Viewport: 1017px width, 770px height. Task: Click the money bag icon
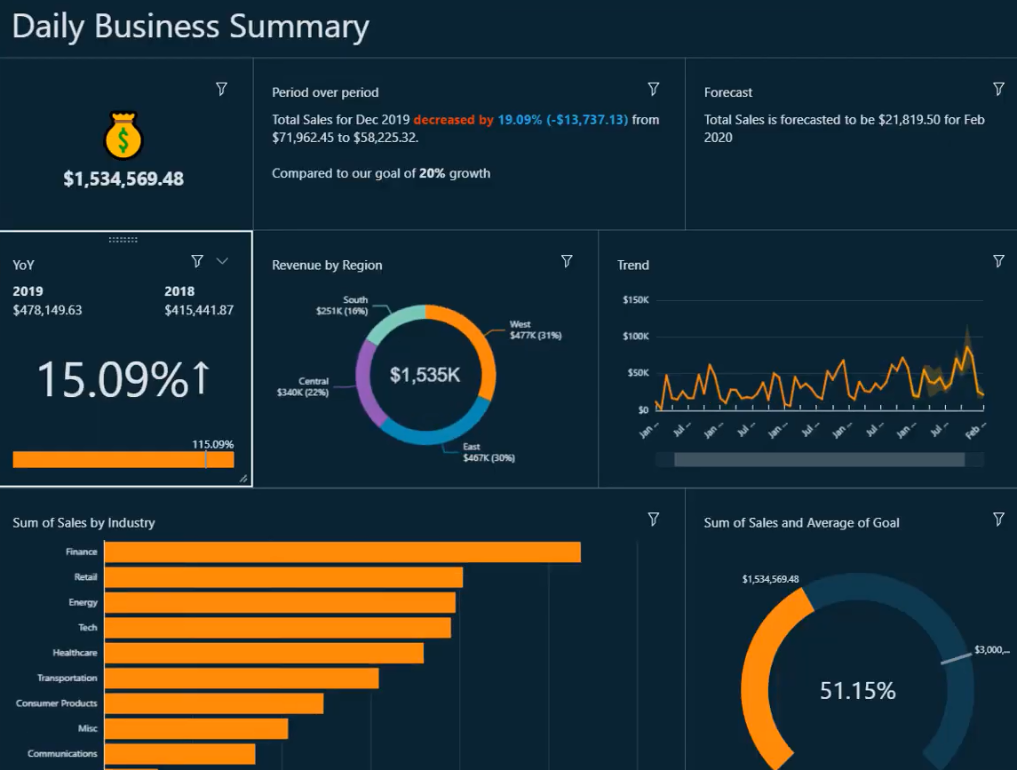click(x=123, y=135)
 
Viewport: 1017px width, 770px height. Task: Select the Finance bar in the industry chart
click(x=342, y=552)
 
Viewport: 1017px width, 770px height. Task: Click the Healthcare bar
click(x=264, y=653)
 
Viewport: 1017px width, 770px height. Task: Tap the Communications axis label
click(x=62, y=753)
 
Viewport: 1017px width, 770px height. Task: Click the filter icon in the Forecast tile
click(x=998, y=89)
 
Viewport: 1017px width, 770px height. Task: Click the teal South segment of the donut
click(x=393, y=320)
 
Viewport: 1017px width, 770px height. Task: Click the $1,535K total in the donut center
click(x=425, y=375)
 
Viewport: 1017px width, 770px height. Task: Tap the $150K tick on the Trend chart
click(x=636, y=300)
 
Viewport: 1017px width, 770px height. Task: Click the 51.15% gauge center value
click(x=857, y=690)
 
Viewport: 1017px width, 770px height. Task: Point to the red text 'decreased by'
click(x=453, y=119)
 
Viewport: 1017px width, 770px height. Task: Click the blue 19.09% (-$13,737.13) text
click(x=562, y=119)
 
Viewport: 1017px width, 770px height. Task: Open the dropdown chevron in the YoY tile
click(x=223, y=260)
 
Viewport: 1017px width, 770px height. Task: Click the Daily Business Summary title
click(x=190, y=27)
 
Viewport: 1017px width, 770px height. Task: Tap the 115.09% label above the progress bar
click(x=212, y=444)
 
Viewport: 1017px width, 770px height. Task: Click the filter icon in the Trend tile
click(x=998, y=261)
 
